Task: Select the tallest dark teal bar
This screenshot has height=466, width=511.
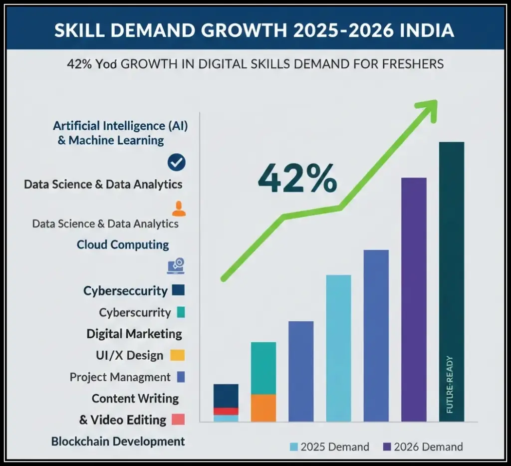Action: click(451, 279)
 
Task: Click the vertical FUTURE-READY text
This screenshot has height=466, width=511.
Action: click(450, 384)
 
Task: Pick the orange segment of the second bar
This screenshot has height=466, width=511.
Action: click(263, 408)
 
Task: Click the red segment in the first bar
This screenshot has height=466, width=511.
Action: click(226, 411)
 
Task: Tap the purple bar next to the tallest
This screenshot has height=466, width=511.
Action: click(414, 299)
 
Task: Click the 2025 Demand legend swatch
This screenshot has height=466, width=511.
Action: click(293, 447)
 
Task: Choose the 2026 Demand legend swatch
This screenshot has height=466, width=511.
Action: click(387, 447)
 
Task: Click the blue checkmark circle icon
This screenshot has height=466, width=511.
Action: click(177, 162)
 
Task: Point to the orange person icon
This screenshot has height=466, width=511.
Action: click(178, 209)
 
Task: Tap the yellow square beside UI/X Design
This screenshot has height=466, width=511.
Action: click(177, 355)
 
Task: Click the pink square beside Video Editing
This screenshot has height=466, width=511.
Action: click(178, 420)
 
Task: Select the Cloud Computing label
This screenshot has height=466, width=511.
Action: click(123, 244)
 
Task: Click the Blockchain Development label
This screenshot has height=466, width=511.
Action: click(118, 441)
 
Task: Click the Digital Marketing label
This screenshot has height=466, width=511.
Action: click(134, 333)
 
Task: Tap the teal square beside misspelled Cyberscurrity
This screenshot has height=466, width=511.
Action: click(181, 313)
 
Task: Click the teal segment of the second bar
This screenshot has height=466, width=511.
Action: click(263, 368)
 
